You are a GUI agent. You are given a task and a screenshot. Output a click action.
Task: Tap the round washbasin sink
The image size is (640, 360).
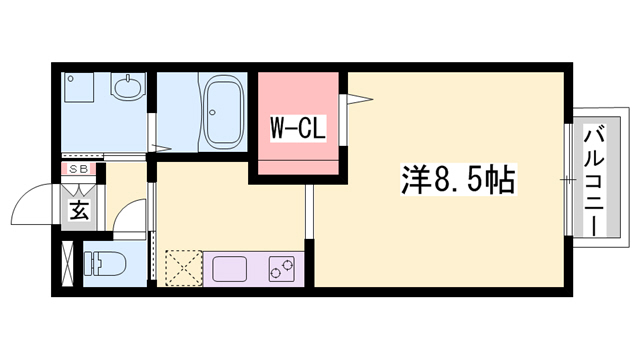point(127,88)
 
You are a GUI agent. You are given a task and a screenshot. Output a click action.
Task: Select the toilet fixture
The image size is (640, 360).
point(103,264)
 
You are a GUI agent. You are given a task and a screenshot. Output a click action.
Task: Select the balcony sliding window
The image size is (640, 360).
point(569,180)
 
